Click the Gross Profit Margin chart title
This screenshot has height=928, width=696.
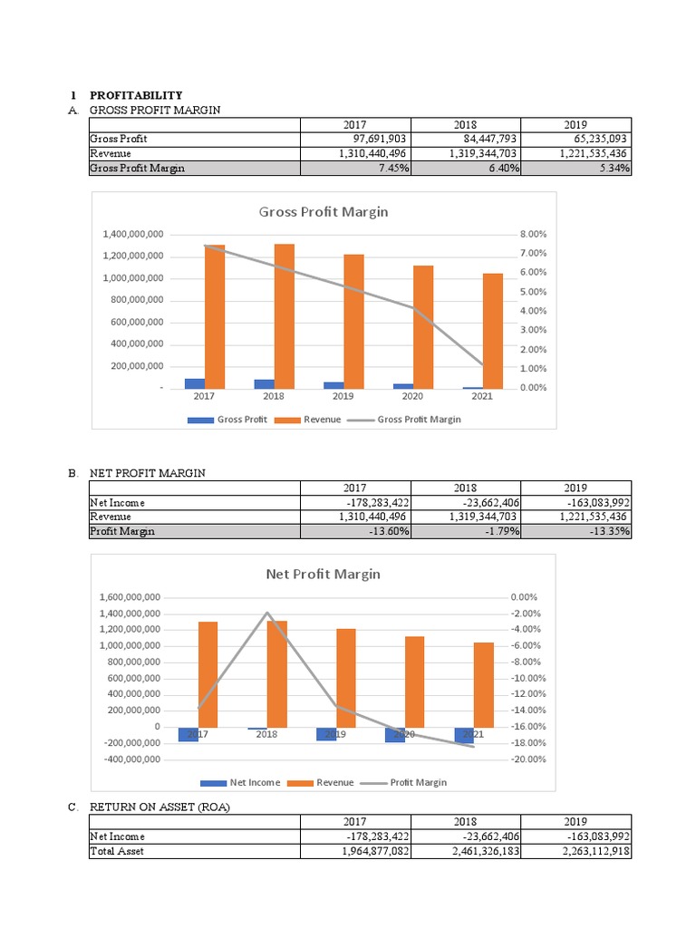[x=324, y=212]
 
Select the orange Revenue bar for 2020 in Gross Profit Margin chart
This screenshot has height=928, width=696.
[x=423, y=326]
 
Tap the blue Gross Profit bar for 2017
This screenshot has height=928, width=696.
[x=195, y=383]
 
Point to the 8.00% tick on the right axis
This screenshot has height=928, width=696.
[x=534, y=234]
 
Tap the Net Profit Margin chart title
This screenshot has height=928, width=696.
[x=323, y=575]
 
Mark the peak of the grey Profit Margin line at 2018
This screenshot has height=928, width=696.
[x=266, y=614]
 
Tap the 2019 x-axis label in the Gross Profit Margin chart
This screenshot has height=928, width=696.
[x=343, y=396]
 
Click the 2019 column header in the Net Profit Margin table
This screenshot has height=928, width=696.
[x=575, y=488]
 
